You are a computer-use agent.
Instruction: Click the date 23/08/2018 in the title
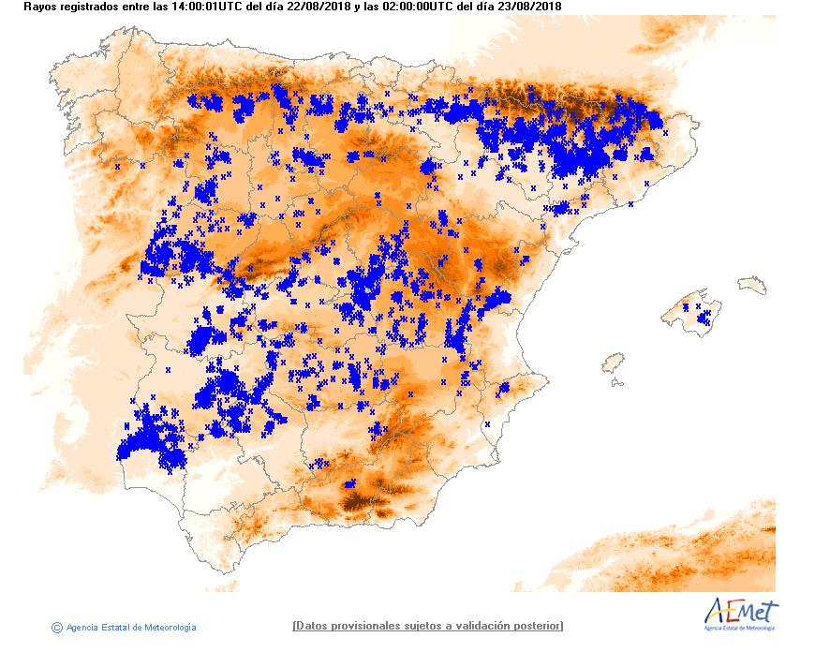click(x=527, y=7)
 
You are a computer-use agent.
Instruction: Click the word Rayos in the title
click(x=40, y=7)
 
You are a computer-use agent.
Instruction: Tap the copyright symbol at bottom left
click(x=57, y=627)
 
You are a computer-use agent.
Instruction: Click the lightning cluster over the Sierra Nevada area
click(x=349, y=483)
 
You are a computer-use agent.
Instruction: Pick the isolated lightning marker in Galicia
click(x=117, y=167)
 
